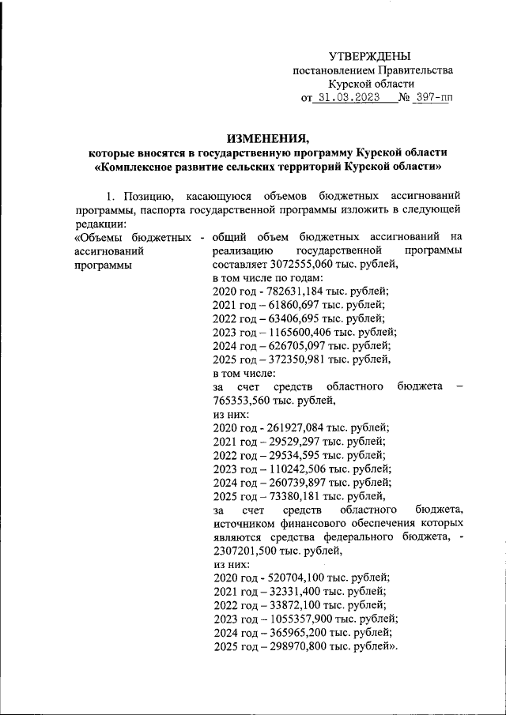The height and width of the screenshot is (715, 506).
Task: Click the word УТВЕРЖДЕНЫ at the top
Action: (x=370, y=56)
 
